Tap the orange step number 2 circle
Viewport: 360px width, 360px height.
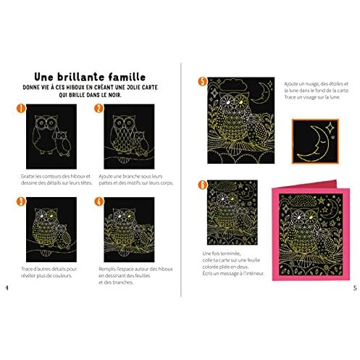[x=99, y=110]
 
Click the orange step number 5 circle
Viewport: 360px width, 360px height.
[x=202, y=81]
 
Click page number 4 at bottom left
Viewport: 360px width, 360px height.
[x=7, y=289]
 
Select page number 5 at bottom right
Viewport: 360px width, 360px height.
[x=354, y=289]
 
